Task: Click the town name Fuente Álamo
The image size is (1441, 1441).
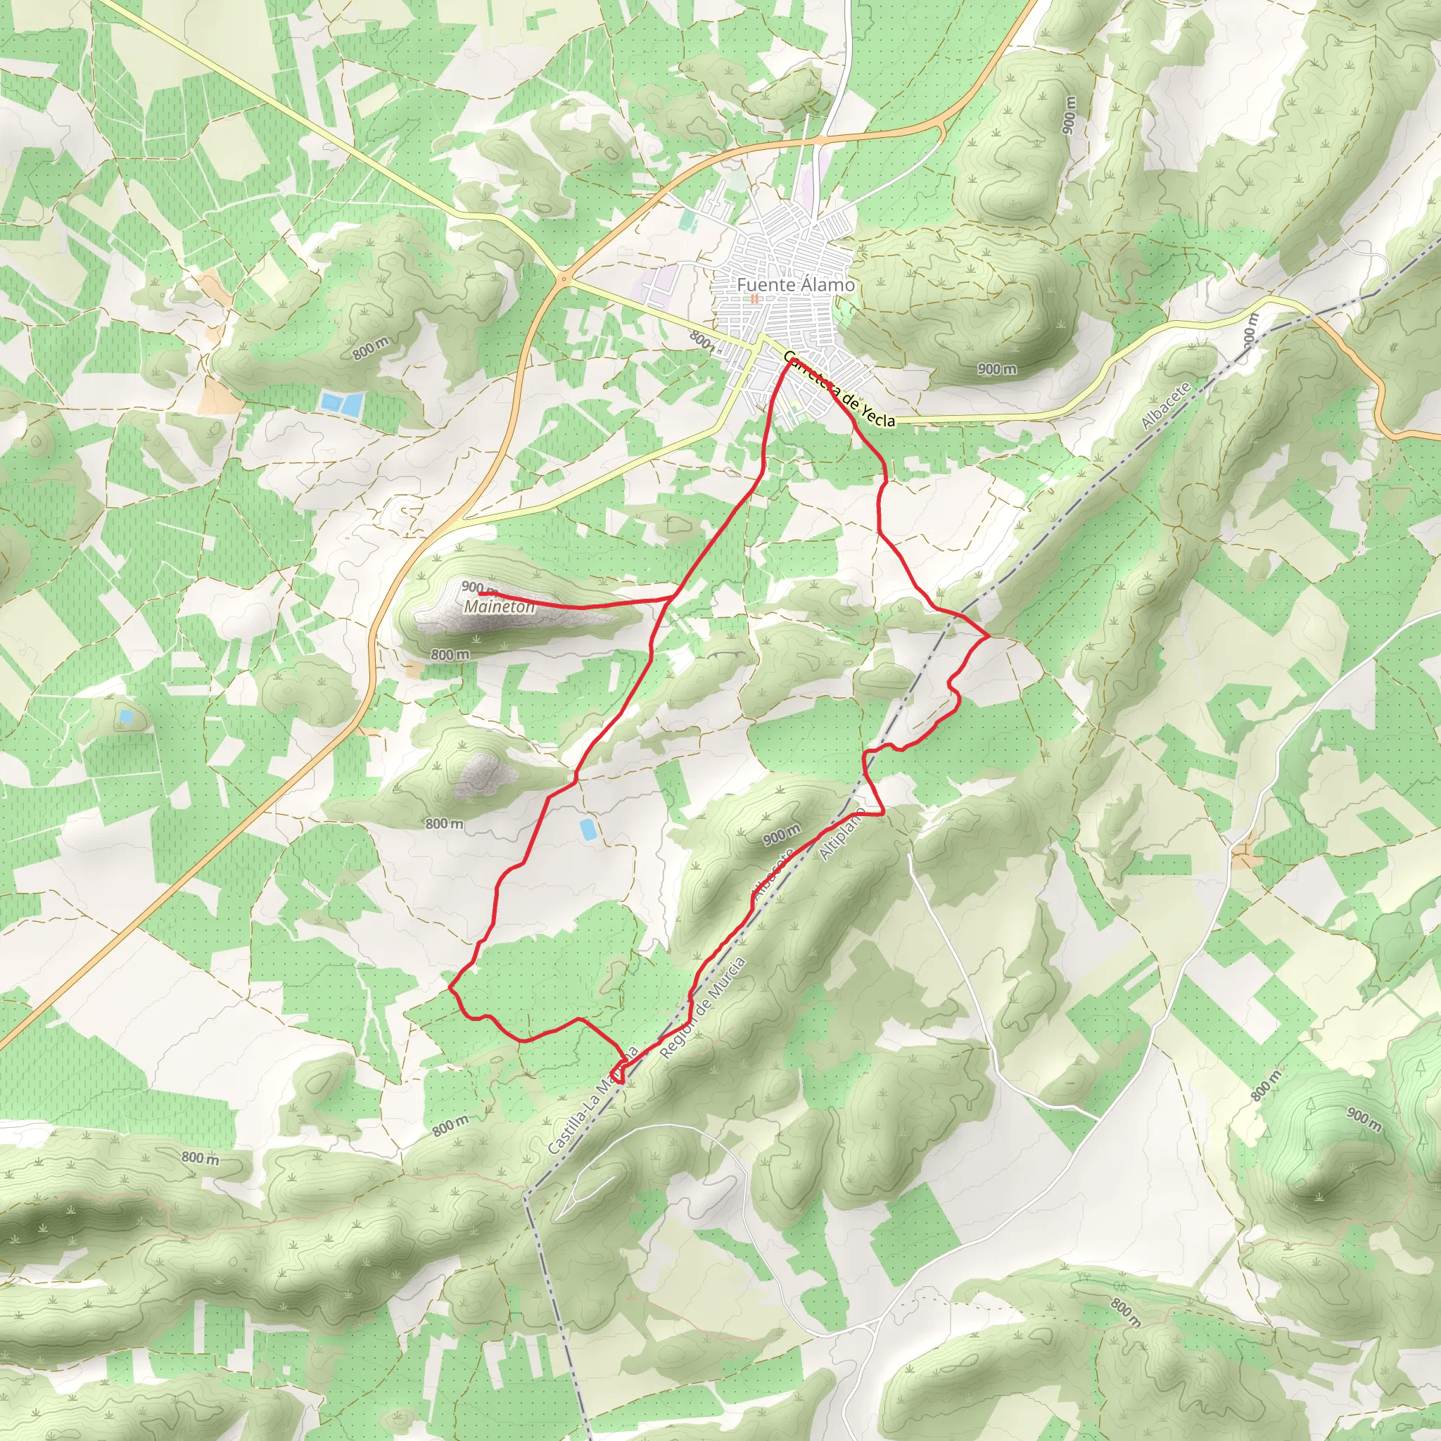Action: point(795,285)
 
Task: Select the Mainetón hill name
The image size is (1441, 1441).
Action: point(499,607)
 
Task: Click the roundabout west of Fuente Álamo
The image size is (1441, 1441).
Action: point(564,280)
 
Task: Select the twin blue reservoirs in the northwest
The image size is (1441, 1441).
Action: point(341,403)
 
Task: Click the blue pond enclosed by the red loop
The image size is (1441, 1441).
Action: point(588,829)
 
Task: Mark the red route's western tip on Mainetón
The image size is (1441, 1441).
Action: point(481,594)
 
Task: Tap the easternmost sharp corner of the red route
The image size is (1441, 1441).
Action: point(989,636)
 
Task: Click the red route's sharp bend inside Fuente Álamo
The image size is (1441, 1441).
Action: point(788,361)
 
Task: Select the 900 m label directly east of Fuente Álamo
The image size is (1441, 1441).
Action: point(996,369)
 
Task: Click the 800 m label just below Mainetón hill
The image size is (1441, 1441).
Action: point(450,654)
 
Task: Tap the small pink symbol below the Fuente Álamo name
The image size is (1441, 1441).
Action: point(754,298)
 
